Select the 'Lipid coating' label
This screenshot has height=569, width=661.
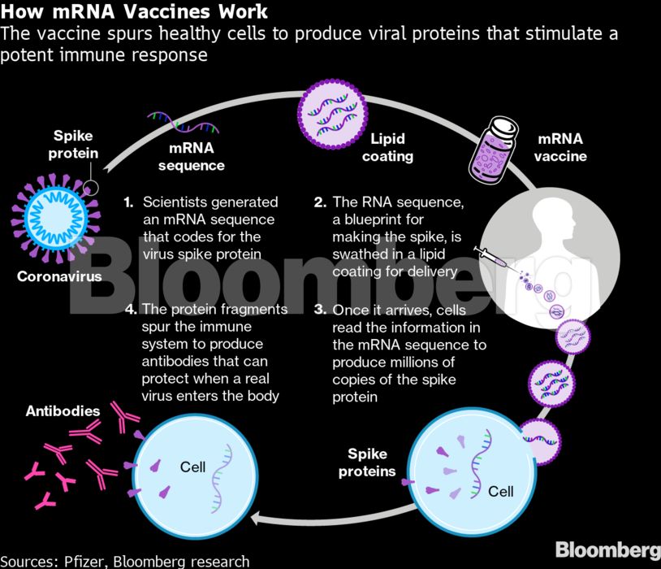coord(387,148)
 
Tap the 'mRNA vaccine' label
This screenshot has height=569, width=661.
coord(559,148)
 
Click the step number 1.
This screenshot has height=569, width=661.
coord(128,202)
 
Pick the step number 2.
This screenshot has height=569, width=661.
coord(320,202)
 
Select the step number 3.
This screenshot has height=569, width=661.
coord(320,310)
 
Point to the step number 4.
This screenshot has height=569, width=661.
coord(129,310)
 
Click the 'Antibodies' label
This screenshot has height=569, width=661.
coord(63,411)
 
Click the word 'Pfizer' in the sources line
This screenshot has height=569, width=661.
coord(92,561)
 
